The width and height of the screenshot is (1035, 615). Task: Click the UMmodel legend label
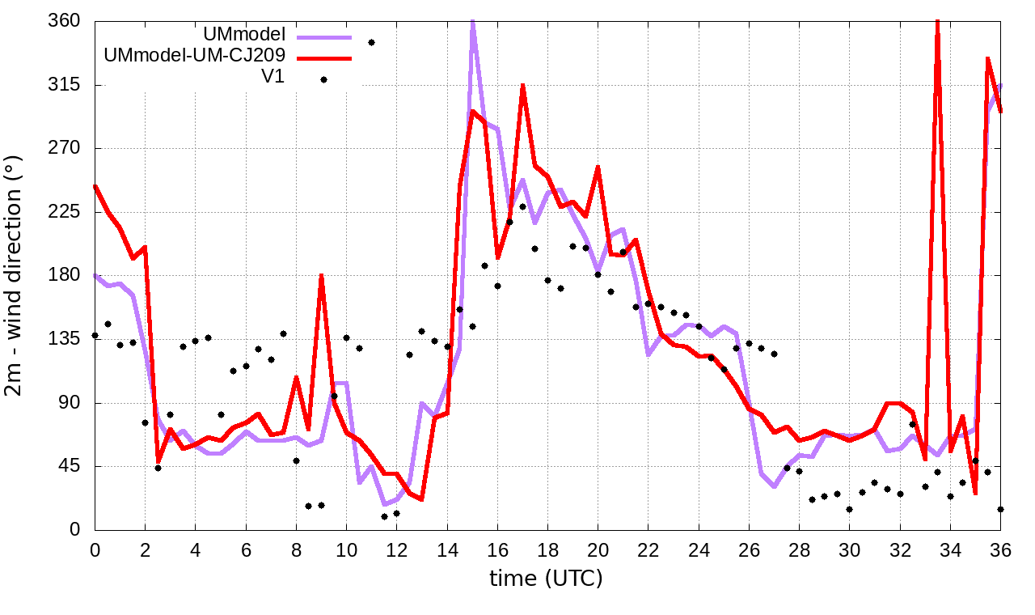point(246,36)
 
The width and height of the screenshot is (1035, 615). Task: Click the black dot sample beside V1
point(323,79)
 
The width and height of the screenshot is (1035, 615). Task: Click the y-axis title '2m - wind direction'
point(15,275)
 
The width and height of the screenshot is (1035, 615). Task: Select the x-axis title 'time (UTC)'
point(546,578)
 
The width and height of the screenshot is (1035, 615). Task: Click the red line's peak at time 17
point(523,85)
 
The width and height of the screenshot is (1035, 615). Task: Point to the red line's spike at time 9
point(321,276)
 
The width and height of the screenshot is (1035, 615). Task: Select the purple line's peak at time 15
point(472,19)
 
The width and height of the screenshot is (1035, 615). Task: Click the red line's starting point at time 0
point(95,186)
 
